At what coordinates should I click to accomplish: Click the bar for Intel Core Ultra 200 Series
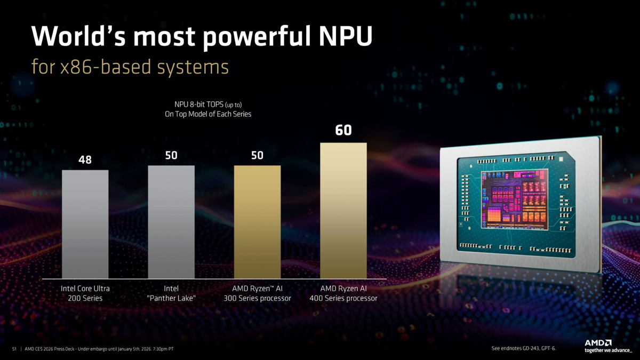85,224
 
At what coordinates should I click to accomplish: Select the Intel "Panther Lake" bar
171,221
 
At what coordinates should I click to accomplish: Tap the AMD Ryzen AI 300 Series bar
257,221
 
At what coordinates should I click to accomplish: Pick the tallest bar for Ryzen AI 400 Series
343,211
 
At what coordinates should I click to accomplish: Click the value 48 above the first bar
85,159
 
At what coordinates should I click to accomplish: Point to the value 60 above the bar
343,130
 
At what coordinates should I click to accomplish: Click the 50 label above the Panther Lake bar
171,156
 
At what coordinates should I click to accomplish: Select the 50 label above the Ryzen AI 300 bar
257,156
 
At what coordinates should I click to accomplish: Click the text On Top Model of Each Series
207,114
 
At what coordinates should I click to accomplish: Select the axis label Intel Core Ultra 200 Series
85,293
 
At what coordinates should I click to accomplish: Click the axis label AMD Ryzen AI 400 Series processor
343,293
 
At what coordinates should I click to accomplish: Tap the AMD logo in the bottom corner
598,343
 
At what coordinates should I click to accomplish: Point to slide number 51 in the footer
14,349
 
